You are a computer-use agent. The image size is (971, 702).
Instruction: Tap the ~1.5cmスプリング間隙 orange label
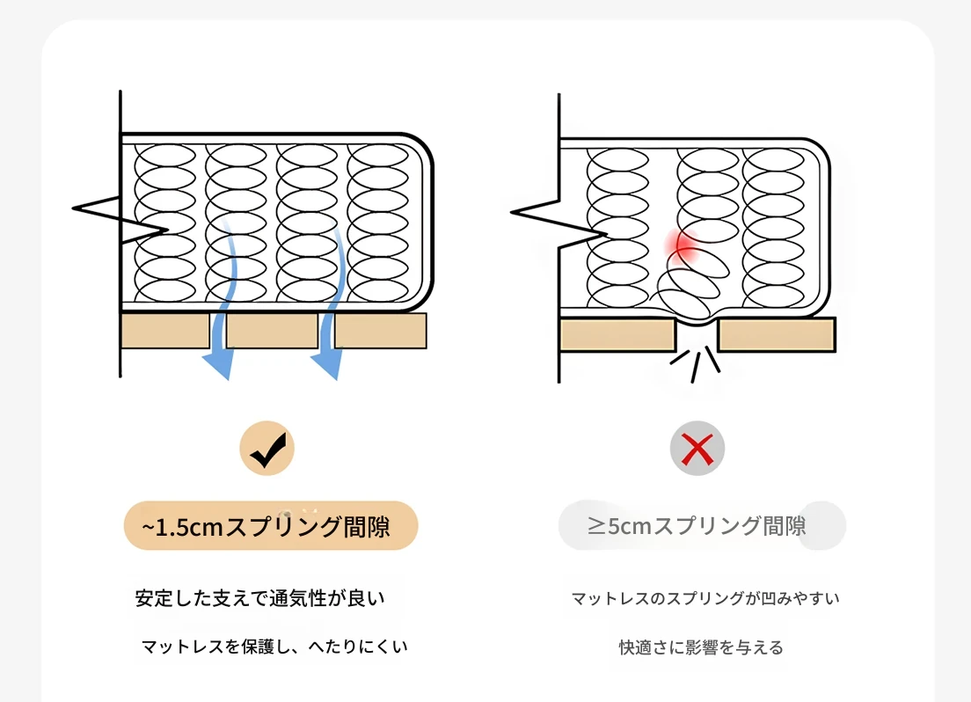(270, 526)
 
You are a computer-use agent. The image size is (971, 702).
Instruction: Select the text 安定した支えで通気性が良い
(259, 598)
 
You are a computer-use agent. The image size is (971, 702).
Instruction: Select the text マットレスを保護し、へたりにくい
(274, 647)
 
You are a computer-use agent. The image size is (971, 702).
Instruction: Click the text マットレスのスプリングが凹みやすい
(705, 598)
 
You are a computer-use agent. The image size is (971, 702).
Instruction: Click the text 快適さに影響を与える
(701, 648)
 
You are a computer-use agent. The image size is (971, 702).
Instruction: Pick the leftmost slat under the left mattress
(164, 331)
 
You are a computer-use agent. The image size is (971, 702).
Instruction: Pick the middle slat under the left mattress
(272, 331)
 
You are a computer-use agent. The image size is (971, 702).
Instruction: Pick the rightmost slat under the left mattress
(380, 331)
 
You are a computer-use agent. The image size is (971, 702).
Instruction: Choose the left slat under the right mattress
(617, 335)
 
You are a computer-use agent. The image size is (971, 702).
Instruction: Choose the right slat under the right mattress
(777, 335)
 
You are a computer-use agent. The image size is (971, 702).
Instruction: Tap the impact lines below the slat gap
(696, 362)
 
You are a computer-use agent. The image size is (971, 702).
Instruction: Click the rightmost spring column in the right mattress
(771, 224)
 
